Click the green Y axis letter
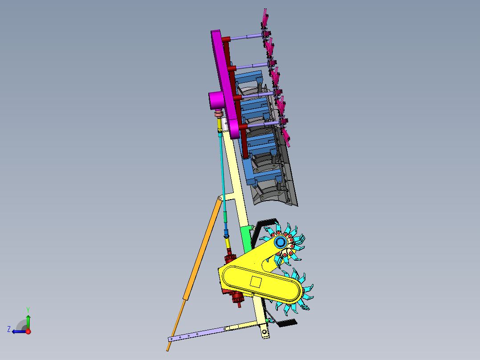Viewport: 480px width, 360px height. pos(28,309)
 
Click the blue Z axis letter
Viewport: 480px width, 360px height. pos(9,329)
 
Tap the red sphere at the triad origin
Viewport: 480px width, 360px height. pos(28,331)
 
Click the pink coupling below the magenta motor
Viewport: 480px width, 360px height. pos(218,115)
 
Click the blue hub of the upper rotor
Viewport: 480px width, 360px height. pos(280,242)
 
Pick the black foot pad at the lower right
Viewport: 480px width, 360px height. pos(287,323)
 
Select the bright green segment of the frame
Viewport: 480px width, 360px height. pos(246,237)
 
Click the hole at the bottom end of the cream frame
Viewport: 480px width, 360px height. pos(265,332)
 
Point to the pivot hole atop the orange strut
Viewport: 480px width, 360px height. pos(220,198)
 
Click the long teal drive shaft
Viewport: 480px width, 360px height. pos(222,174)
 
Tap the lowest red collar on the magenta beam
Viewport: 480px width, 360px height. pos(242,127)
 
